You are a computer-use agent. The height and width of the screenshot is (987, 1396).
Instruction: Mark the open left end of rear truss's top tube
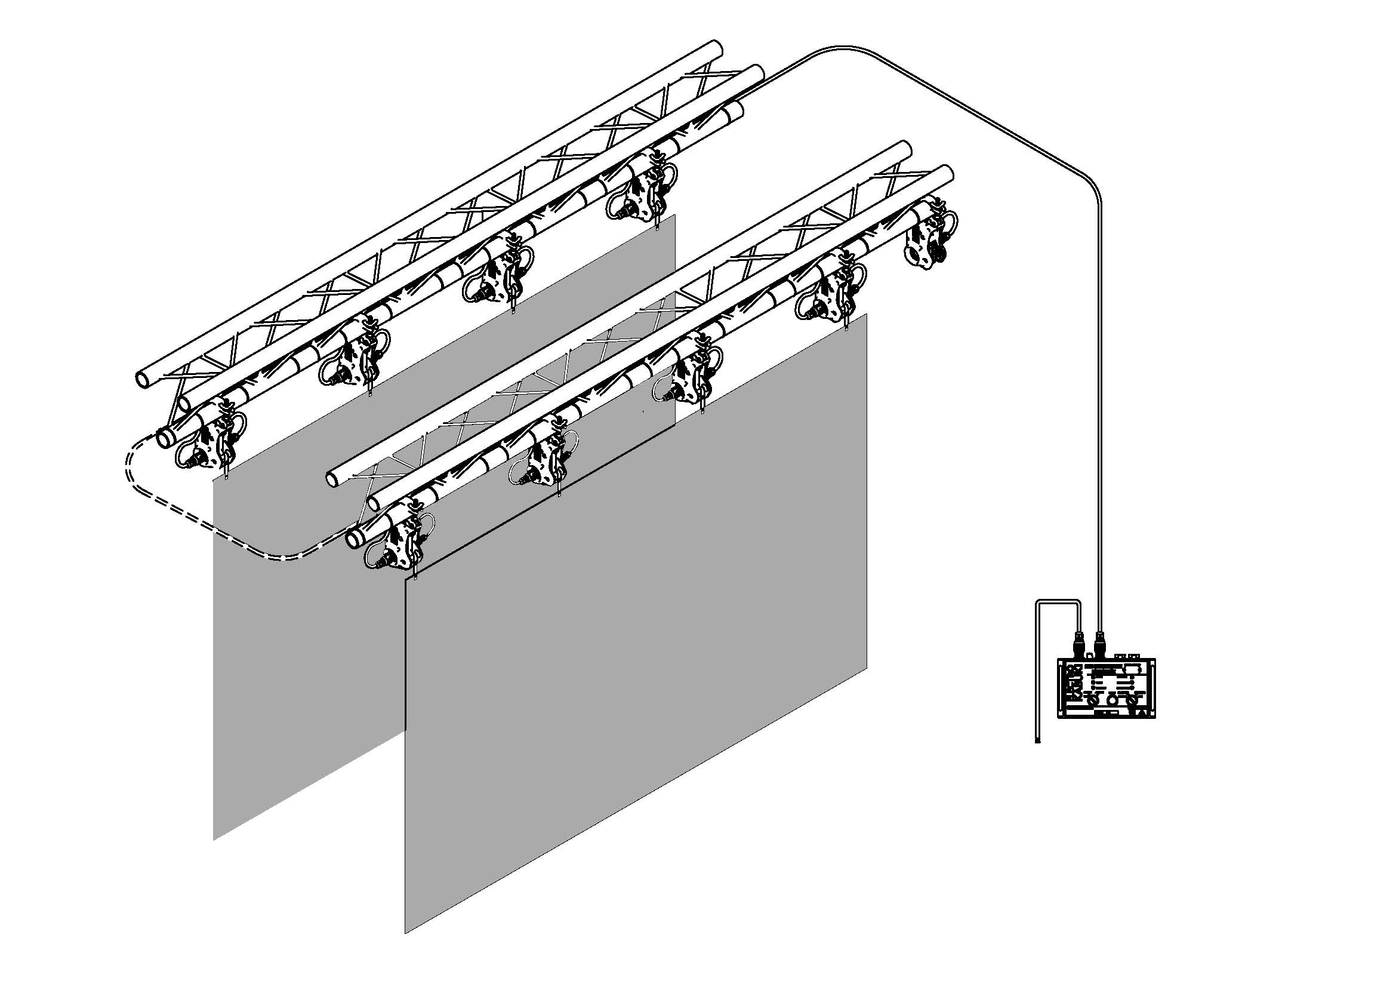point(144,379)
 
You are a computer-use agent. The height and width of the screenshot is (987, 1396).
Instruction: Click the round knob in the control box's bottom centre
point(1113,700)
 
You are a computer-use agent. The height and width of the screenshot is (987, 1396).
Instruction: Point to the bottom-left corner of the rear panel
point(214,840)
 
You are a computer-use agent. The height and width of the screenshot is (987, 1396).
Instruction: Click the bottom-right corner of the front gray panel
point(866,668)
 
